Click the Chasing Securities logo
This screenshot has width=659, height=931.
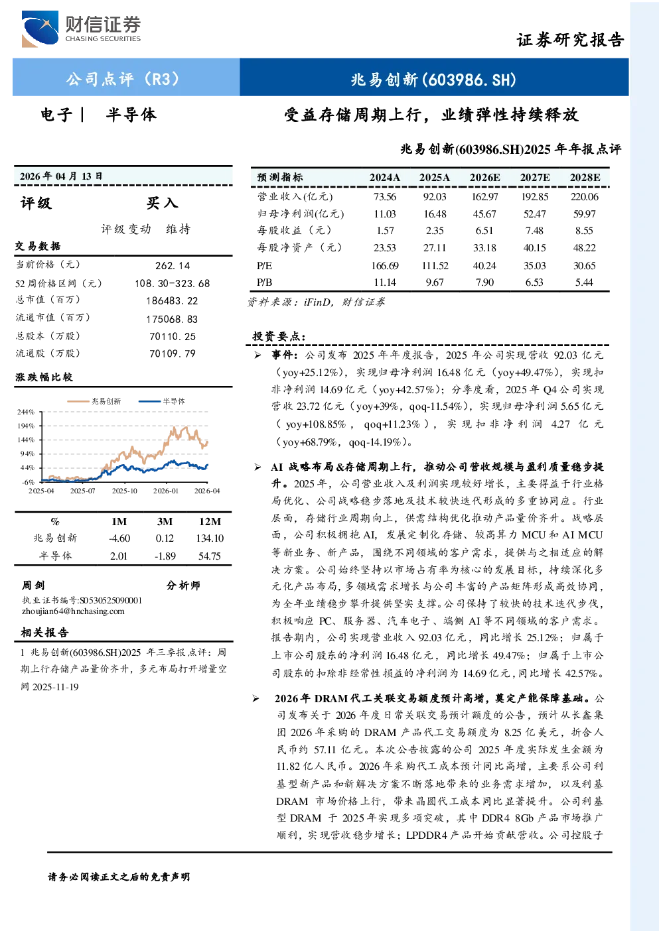point(82,29)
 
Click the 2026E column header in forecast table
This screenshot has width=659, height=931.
point(484,178)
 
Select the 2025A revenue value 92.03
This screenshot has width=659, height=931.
point(435,196)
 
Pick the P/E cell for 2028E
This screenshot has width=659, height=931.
point(585,266)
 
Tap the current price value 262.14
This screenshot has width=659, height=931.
point(173,266)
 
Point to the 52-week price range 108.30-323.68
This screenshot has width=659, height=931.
point(173,283)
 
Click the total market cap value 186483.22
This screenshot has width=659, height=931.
point(172,301)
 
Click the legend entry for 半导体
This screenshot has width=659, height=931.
point(162,401)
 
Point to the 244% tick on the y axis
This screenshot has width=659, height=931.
point(26,412)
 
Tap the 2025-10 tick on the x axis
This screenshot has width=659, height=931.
point(124,491)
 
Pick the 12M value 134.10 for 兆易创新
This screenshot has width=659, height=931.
point(210,538)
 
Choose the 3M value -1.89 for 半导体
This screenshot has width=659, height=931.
point(165,556)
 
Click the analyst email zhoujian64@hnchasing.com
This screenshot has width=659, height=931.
point(73,611)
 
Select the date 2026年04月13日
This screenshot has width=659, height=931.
point(61,176)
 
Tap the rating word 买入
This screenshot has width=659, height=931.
point(162,203)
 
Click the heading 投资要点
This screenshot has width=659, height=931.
point(279,336)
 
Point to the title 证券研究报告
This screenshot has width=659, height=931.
point(570,40)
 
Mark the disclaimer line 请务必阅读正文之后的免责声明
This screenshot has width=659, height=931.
point(119,877)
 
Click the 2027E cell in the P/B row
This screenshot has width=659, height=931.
point(534,282)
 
